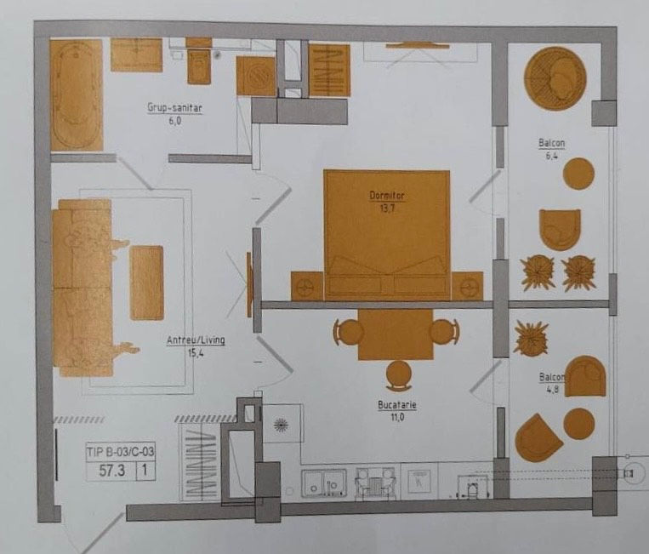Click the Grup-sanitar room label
click(174, 108)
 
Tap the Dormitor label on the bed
click(387, 196)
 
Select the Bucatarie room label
click(397, 405)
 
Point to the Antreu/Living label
click(196, 340)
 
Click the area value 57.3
click(111, 471)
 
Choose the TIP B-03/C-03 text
click(120, 452)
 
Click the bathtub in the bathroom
click(77, 95)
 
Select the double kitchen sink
click(324, 483)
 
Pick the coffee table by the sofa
click(146, 283)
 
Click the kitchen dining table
click(396, 334)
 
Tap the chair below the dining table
click(399, 374)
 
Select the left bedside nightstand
click(307, 286)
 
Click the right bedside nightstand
click(467, 286)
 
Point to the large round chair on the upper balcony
click(555, 78)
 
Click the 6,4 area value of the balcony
click(551, 156)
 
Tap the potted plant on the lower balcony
click(531, 339)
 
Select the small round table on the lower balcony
click(579, 424)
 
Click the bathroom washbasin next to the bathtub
click(136, 55)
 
